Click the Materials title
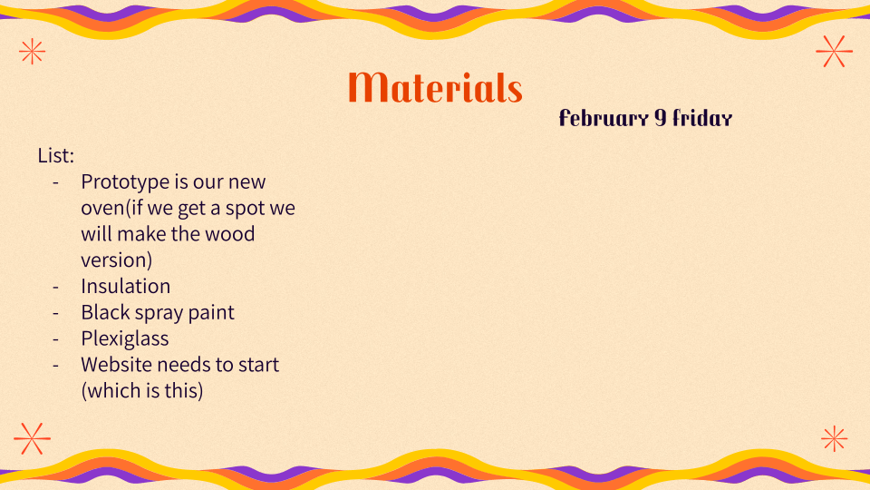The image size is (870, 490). coord(435,87)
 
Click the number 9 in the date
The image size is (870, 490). coord(660,118)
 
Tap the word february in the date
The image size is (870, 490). coord(604,118)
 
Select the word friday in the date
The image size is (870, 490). coord(702,118)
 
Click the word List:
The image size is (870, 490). coord(55,155)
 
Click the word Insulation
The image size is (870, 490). coord(125,286)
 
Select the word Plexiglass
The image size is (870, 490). coord(125,338)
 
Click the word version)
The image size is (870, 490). coord(117,260)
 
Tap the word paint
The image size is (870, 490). coord(211,313)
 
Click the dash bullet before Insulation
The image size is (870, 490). coord(55,287)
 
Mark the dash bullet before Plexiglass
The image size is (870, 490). coord(55,338)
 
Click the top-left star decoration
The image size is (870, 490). coord(33,52)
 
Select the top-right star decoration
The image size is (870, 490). coord(834,51)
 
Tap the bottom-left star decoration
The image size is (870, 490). coord(33,438)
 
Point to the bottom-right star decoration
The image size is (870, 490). coord(835,439)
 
